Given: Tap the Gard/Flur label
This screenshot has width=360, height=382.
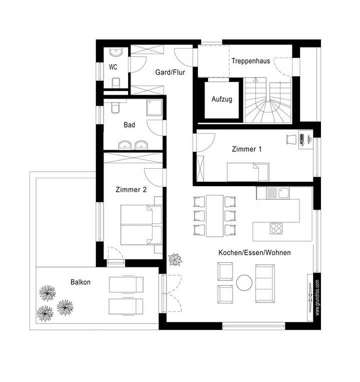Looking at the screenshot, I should coord(170,73).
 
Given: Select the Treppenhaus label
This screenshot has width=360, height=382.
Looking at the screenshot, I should coord(250,61).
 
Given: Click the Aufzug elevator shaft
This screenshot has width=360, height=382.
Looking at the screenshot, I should coord(222,100).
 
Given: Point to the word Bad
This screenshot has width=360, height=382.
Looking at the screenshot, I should coord(129,125).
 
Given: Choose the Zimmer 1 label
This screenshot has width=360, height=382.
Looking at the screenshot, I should coord(246,149).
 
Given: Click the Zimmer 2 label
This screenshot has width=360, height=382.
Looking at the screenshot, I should coord(130,190).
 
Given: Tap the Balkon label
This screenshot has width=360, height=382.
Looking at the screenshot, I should coord(80,282).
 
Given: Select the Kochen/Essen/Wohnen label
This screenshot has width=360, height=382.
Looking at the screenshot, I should coord(254,253).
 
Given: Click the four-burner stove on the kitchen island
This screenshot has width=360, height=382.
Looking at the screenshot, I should coord(276,228).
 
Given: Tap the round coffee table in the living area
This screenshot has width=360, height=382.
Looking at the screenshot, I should coord(245,283).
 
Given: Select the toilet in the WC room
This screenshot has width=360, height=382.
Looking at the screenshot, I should coord(116,83).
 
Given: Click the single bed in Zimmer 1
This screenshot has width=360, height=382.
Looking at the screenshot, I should coord(248,172).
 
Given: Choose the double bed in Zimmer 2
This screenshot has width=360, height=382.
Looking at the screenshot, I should coord(141,224).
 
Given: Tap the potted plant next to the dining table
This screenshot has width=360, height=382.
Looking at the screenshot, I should coord(175,259).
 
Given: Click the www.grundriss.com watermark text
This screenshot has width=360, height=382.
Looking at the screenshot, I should coord(317,298).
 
